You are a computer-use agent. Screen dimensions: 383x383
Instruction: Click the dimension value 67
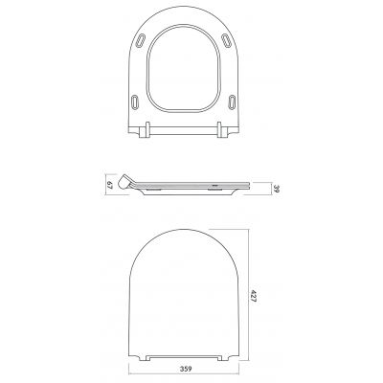click(x=110, y=184)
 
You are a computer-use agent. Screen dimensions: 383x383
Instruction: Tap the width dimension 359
click(x=189, y=368)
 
